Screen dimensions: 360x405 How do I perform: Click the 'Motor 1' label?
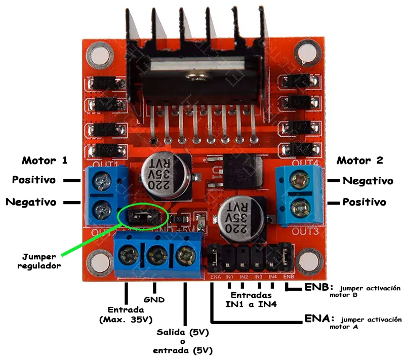(45, 161)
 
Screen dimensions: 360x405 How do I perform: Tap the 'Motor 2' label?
(360, 161)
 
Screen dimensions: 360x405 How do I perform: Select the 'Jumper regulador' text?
(39, 260)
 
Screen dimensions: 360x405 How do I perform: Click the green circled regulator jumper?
(142, 217)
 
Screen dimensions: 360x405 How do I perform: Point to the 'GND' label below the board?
(154, 299)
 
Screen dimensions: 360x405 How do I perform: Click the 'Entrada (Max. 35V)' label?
(126, 314)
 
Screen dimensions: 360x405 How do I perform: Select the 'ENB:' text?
(318, 287)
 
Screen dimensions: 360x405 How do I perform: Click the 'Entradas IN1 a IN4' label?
(252, 299)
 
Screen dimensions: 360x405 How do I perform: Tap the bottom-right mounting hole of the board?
(307, 262)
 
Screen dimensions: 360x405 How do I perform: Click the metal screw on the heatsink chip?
(194, 77)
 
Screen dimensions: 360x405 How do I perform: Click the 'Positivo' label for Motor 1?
(34, 180)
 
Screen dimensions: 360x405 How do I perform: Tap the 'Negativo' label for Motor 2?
(368, 181)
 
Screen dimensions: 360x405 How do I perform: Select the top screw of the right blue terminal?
(301, 180)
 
